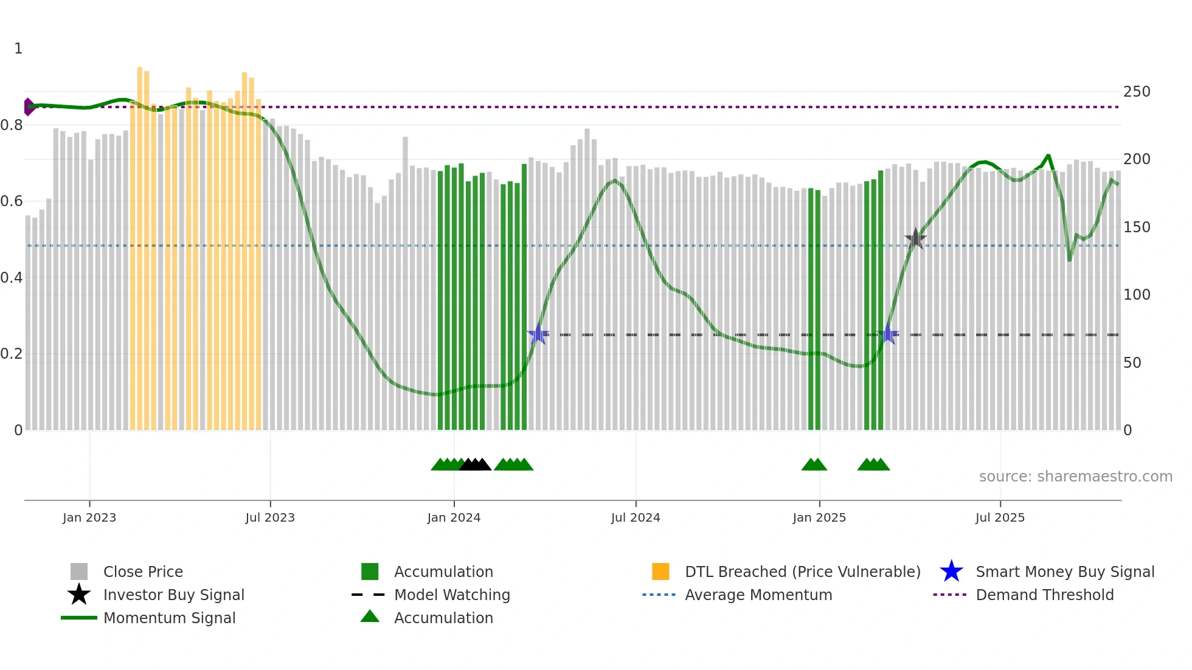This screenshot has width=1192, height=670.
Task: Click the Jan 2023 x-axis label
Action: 89,517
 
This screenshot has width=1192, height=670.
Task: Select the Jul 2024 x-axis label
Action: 636,517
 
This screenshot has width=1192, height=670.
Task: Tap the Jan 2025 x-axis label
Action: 819,517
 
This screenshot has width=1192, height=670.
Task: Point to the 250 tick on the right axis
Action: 1137,92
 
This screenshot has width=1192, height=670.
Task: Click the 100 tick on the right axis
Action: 1137,295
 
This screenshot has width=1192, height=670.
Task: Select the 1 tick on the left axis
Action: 18,49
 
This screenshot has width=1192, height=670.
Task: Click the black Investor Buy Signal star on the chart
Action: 915,239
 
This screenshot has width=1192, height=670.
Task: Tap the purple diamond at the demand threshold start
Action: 28,107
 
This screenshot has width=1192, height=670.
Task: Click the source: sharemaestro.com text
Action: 1075,477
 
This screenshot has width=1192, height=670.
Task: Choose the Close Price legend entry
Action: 143,572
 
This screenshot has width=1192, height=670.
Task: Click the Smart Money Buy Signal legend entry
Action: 1065,572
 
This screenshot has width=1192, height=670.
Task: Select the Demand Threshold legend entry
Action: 1044,595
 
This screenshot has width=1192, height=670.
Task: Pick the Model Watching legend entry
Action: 452,595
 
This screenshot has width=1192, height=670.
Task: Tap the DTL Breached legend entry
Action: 802,572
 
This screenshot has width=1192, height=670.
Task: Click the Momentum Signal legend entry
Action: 169,618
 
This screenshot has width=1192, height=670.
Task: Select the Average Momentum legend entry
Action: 758,595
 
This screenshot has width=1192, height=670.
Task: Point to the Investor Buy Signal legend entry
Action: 173,595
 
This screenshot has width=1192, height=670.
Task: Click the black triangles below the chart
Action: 475,465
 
